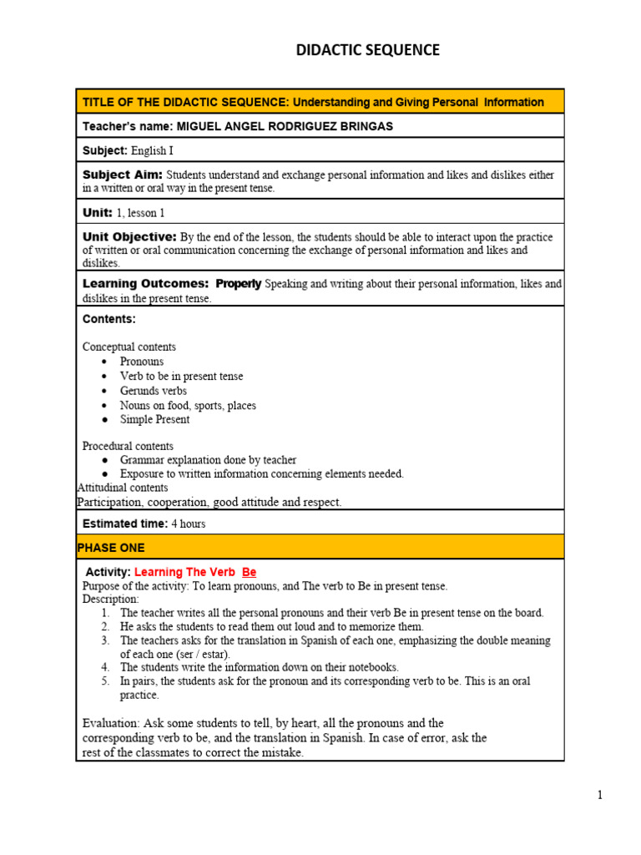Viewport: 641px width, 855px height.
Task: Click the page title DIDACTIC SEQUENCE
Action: point(367,50)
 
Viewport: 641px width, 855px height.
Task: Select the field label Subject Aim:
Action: point(122,175)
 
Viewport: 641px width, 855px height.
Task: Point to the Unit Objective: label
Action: point(129,237)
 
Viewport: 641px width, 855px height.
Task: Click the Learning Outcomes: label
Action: point(145,284)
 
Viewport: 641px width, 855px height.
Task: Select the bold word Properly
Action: point(239,284)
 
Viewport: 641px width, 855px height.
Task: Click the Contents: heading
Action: point(109,319)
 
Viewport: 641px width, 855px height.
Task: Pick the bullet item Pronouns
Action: point(142,362)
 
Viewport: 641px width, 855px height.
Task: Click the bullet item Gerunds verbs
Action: point(154,391)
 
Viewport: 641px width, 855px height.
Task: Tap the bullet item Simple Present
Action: point(154,419)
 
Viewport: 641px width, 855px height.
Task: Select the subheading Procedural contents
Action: point(128,446)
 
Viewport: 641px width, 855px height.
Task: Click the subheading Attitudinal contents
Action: point(122,488)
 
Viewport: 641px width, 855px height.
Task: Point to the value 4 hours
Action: point(188,524)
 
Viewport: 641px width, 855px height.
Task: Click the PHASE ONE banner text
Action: point(110,548)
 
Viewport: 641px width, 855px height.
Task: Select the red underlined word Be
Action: point(249,572)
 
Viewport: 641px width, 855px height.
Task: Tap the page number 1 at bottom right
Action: point(599,795)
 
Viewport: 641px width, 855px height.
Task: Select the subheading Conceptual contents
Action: point(129,347)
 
